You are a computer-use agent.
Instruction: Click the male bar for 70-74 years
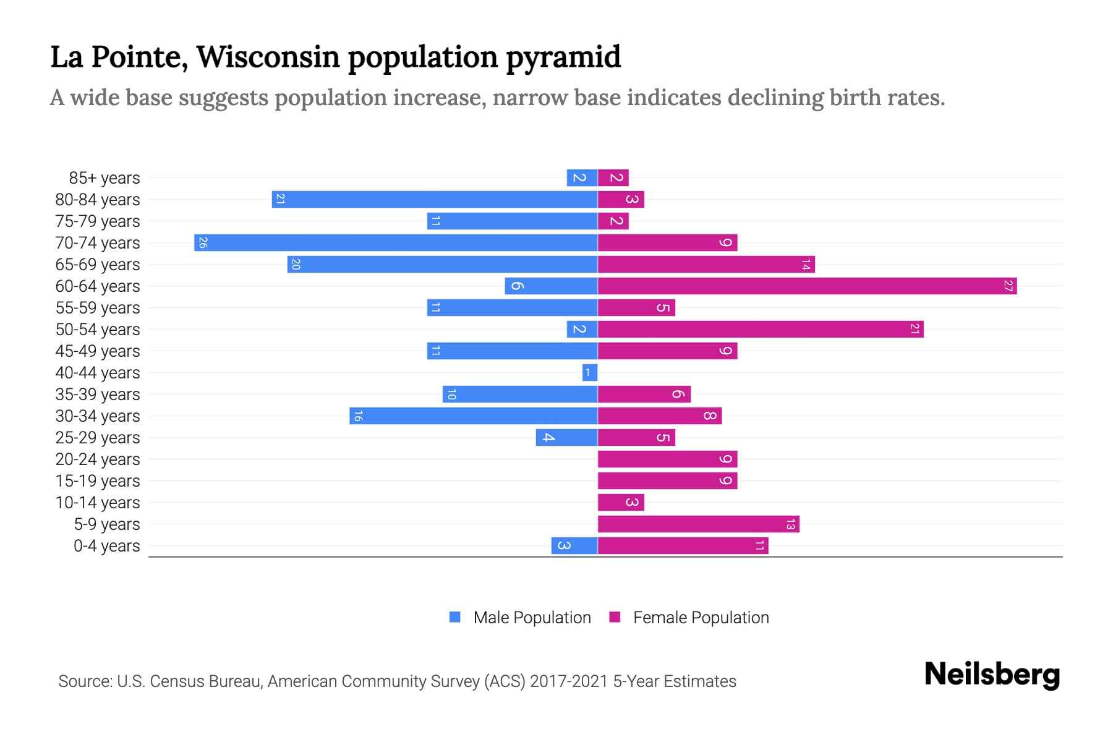(x=396, y=242)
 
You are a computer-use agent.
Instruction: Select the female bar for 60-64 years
(x=807, y=286)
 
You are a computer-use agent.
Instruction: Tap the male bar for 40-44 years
(x=590, y=372)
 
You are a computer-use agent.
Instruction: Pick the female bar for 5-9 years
(x=698, y=524)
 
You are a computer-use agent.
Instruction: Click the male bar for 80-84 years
(x=435, y=199)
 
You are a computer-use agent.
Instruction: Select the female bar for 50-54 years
(x=761, y=329)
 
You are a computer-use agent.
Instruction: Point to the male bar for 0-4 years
(x=574, y=545)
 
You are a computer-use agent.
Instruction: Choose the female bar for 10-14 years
(x=621, y=502)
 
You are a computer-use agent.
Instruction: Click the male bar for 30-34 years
(x=474, y=416)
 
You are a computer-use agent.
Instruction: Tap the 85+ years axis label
(x=104, y=178)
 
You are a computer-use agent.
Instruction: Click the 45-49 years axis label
(x=98, y=351)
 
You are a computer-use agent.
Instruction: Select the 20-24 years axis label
(x=98, y=459)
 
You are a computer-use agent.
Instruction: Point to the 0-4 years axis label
(x=106, y=546)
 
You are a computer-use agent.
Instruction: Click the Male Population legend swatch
(x=455, y=617)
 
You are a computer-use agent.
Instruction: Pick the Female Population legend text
(x=701, y=618)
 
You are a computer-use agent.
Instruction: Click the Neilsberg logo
(x=992, y=675)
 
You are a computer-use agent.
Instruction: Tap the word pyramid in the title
(x=563, y=58)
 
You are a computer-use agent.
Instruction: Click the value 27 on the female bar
(x=1009, y=286)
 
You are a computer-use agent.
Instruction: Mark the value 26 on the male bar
(x=203, y=242)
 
